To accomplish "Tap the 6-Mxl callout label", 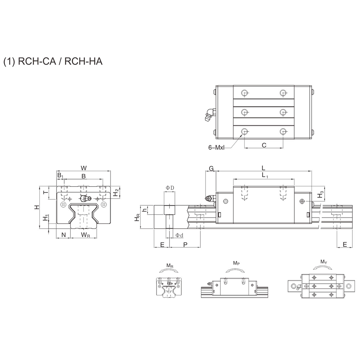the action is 216,148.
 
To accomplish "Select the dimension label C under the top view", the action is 264,145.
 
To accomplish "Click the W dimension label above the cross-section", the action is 84,168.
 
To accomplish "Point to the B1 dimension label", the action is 60,176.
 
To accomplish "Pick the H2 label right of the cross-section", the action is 116,192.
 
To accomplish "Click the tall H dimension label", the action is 37,207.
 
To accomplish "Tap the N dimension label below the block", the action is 64,235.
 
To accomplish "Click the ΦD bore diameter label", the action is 170,188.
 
